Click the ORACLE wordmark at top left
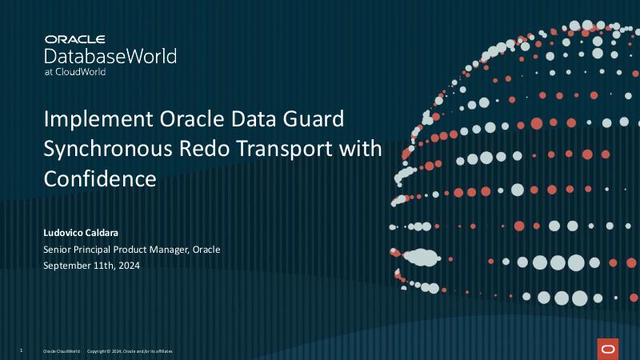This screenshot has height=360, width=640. click(x=76, y=38)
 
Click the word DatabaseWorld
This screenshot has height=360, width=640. click(x=110, y=56)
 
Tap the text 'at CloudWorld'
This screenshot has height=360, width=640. click(x=75, y=72)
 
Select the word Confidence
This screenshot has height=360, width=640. click(x=100, y=178)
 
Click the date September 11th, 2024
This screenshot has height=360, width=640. click(x=91, y=266)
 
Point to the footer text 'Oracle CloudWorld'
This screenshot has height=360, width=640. click(x=62, y=351)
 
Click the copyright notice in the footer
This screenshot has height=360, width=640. click(x=129, y=351)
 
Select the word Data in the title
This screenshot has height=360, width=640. click(x=237, y=120)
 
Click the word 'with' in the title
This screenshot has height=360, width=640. click(x=363, y=149)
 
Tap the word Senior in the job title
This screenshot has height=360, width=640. click(x=58, y=250)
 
